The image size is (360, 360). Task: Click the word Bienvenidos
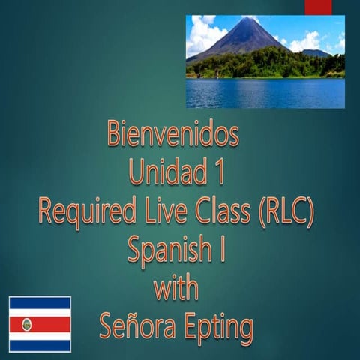[173, 136]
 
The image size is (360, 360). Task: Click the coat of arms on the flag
[28, 324]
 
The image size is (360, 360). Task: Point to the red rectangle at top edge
[318, 6]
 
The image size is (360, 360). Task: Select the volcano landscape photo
[265, 61]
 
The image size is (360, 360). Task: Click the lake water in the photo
[265, 93]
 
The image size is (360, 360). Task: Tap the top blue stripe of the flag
[40, 301]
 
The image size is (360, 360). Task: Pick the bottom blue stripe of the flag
[40, 346]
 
